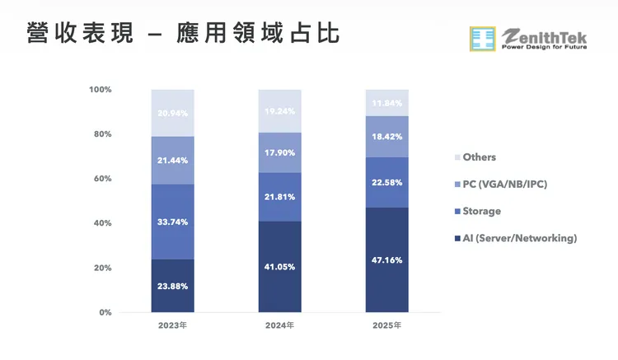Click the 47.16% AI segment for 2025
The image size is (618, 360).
click(386, 259)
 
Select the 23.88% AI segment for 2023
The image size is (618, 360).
click(172, 286)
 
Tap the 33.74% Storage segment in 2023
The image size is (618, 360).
click(172, 222)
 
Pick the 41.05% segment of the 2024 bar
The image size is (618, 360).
click(279, 267)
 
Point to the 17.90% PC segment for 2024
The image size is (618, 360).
click(279, 152)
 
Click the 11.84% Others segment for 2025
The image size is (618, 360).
click(386, 103)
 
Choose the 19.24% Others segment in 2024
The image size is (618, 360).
click(279, 111)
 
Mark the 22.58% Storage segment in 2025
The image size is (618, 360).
click(386, 182)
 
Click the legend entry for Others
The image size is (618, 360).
click(479, 157)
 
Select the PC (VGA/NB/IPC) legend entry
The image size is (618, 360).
click(504, 184)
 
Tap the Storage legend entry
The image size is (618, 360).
click(481, 211)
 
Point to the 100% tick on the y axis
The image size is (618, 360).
click(101, 90)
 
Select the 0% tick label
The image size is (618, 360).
click(105, 313)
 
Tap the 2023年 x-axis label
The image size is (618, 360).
click(172, 326)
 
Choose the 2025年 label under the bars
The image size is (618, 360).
click(386, 326)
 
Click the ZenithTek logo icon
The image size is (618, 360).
click(483, 40)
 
